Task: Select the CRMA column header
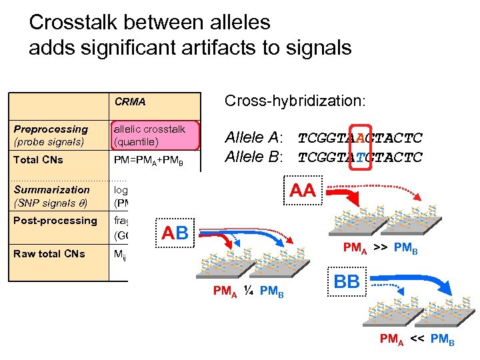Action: [130, 103]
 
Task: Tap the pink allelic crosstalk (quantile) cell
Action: [155, 135]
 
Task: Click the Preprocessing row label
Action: [51, 135]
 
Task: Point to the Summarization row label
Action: [51, 196]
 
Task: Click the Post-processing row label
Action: [55, 221]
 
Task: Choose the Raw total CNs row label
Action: [49, 253]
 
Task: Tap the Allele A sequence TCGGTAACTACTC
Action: [360, 139]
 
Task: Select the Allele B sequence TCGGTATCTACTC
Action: [360, 157]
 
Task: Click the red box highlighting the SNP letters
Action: [361, 147]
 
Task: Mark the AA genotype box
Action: [303, 191]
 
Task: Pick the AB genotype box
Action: [175, 233]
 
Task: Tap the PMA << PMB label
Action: [417, 341]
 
